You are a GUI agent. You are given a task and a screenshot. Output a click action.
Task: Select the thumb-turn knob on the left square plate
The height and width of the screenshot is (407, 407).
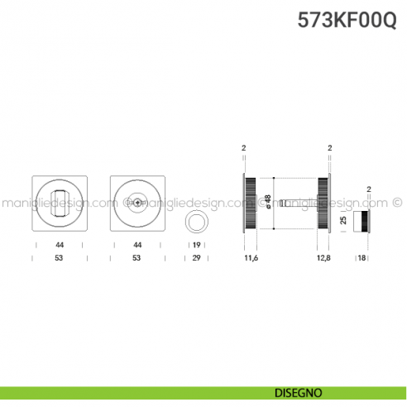[x=59, y=202]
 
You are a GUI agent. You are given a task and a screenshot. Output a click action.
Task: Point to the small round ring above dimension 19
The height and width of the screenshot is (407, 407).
[x=197, y=223]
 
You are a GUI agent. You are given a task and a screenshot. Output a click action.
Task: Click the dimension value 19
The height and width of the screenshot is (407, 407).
[x=197, y=246]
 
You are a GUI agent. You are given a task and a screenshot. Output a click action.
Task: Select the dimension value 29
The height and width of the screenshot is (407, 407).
[x=197, y=259]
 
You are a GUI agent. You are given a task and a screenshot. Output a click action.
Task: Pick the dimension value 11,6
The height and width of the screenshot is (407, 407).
[x=251, y=259]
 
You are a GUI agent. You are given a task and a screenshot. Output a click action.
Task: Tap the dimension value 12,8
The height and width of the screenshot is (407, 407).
[x=323, y=259]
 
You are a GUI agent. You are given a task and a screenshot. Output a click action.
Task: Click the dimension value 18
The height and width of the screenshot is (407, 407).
[x=362, y=259]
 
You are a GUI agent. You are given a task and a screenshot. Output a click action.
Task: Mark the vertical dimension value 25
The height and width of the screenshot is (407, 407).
[x=343, y=222]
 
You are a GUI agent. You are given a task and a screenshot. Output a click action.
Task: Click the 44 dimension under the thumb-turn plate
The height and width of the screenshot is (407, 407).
[x=59, y=246]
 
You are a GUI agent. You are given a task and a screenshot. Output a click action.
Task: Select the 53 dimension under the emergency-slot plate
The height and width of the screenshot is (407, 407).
[x=136, y=259]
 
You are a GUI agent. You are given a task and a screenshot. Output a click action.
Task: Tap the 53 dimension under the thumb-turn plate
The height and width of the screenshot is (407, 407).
[x=59, y=259]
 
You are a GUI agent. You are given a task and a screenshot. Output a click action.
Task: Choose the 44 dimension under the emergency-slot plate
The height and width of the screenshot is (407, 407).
[x=136, y=246]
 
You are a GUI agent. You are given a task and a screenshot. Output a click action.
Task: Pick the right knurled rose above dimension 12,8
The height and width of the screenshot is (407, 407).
[x=323, y=202]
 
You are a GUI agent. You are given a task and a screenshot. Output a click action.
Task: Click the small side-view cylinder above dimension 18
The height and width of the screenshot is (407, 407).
[x=362, y=222]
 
